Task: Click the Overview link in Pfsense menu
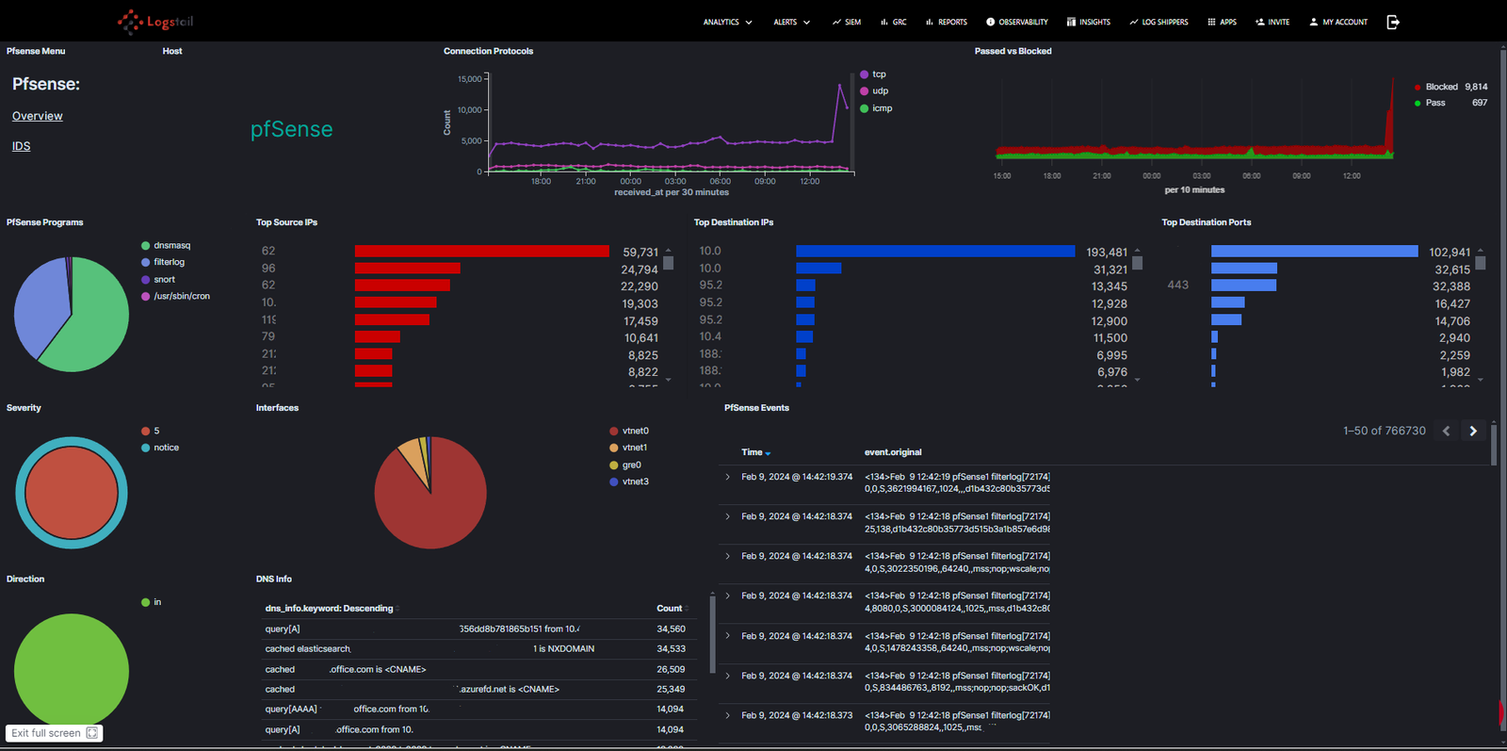pos(38,116)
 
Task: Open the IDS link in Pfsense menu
pos(21,146)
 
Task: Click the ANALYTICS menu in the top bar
pos(727,22)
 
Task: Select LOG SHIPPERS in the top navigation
pos(1159,22)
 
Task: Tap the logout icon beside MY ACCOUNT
pos(1393,22)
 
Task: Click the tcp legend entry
pos(878,74)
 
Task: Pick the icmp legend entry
pos(881,108)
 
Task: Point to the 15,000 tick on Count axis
pos(470,79)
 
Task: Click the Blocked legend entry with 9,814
pos(1441,87)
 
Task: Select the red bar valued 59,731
pos(481,252)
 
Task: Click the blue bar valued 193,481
pos(934,252)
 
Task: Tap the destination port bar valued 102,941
pos(1314,252)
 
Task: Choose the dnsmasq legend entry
pos(171,246)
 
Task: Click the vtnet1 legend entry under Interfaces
pos(634,448)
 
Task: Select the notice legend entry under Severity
pos(166,448)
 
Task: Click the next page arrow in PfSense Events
pos(1473,431)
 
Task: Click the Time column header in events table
pos(752,452)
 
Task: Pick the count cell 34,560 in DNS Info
pos(671,629)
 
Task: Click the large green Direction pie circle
pos(72,670)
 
